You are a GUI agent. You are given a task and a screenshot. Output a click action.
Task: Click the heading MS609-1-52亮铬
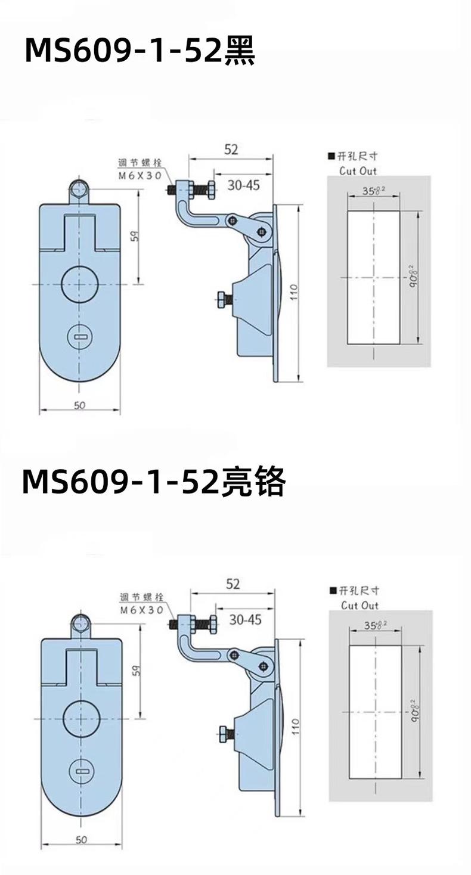[154, 482]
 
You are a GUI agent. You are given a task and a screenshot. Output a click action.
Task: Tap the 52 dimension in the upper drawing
[231, 149]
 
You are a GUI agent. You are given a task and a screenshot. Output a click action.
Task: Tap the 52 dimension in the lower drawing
[233, 584]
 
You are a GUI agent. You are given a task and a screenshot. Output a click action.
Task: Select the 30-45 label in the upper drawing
[244, 185]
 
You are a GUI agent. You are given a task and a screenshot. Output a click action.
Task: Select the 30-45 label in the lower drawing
[246, 620]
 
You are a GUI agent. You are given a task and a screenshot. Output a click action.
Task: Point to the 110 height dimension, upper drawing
[293, 292]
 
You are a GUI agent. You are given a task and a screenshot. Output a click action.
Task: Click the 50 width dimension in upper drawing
[80, 405]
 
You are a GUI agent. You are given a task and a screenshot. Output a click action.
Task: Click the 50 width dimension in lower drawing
[82, 840]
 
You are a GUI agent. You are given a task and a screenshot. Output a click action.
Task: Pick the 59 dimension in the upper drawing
[135, 236]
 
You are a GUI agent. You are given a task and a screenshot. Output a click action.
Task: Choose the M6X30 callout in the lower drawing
[142, 610]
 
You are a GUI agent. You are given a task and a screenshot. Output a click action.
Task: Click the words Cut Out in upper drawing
[358, 170]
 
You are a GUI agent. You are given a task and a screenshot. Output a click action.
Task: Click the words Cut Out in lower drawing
[360, 605]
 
